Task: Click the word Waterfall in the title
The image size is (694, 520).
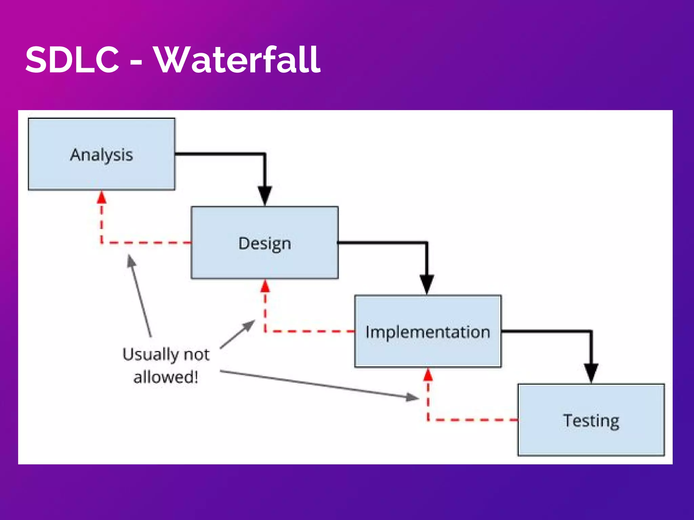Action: tap(237, 60)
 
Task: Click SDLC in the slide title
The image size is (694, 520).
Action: tap(72, 60)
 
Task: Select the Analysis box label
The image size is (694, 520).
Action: tap(101, 155)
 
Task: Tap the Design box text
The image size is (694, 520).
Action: tap(265, 244)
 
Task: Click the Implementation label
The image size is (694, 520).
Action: tap(428, 332)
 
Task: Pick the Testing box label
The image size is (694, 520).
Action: tap(591, 421)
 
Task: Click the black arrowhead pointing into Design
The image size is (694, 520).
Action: tap(265, 195)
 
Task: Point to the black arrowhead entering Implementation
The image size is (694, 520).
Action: tap(427, 284)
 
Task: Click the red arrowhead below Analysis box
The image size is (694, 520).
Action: tap(101, 198)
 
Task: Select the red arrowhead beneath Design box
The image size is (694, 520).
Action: tap(265, 286)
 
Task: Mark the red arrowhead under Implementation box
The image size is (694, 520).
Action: tap(428, 375)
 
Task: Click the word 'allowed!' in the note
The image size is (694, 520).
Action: tap(165, 377)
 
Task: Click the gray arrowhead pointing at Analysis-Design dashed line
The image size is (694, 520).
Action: tap(131, 261)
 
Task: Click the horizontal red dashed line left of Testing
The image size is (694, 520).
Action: tap(474, 420)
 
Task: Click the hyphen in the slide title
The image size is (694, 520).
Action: tap(136, 63)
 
